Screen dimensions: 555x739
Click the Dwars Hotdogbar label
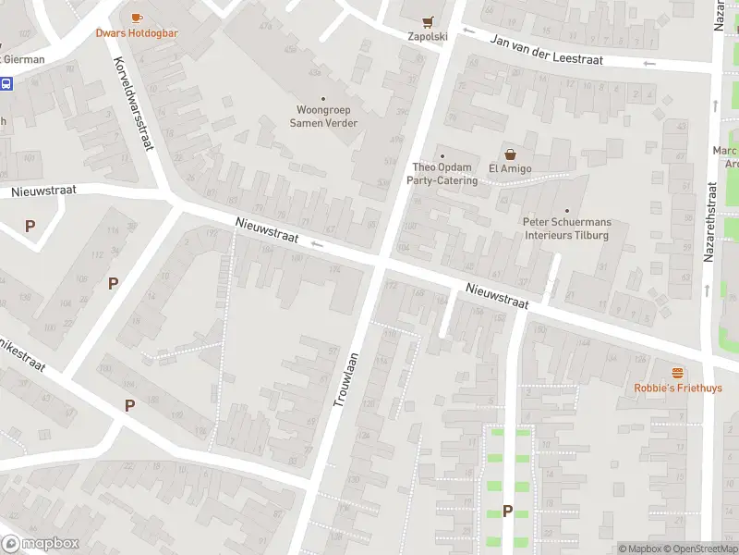(x=137, y=33)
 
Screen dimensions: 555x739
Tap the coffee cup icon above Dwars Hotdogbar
(x=137, y=18)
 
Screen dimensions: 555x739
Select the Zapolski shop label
(x=427, y=37)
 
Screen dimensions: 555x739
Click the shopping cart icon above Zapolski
(x=427, y=21)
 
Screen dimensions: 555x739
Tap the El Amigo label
(x=507, y=168)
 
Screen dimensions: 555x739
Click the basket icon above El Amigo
(x=508, y=154)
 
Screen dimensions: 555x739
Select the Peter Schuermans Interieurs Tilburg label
(x=566, y=228)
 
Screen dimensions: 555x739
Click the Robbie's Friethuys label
(x=678, y=388)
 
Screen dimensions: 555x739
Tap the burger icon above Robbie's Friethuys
(x=678, y=373)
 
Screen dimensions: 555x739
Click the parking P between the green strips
(x=507, y=511)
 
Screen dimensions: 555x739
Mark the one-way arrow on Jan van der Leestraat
(x=649, y=63)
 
